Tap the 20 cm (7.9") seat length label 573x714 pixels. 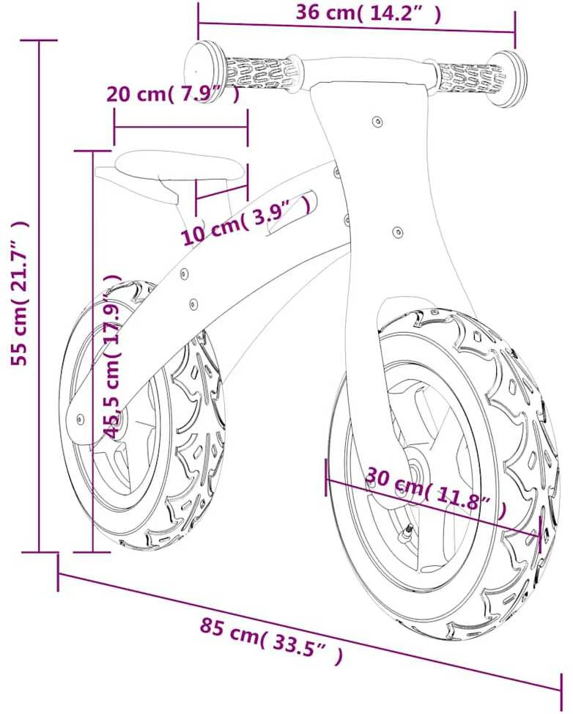pos(172,94)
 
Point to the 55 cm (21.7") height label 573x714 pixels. pos(21,294)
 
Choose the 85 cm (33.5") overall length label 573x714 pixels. pos(271,635)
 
